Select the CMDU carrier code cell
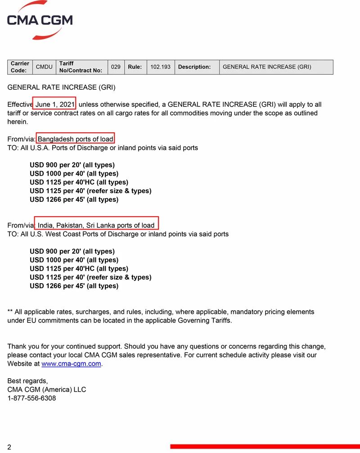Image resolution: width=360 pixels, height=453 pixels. pyautogui.click(x=44, y=67)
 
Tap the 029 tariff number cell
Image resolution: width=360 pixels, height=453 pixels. pyautogui.click(x=116, y=67)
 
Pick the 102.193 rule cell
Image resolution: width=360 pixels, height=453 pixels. pyautogui.click(x=160, y=67)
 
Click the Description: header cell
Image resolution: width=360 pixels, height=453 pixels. pyautogui.click(x=194, y=67)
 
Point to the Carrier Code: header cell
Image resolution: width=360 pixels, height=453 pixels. pyautogui.click(x=20, y=67)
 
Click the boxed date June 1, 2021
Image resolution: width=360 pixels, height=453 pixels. pyautogui.click(x=55, y=104)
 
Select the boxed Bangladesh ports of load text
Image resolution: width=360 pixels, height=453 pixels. pyautogui.click(x=75, y=139)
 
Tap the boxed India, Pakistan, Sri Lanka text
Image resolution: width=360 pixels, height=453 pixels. pyautogui.click(x=96, y=225)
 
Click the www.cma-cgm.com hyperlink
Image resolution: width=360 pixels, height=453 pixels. pyautogui.click(x=71, y=364)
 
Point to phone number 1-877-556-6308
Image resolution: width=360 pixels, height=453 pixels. pyautogui.click(x=31, y=398)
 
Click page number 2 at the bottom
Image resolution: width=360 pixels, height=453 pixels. pyautogui.click(x=9, y=447)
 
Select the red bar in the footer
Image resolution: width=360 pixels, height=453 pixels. pyautogui.click(x=265, y=447)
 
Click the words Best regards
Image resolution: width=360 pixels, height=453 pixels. pyautogui.click(x=27, y=381)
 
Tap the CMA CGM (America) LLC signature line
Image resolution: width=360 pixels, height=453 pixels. pyautogui.click(x=46, y=390)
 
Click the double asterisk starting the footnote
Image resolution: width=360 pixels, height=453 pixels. pyautogui.click(x=10, y=312)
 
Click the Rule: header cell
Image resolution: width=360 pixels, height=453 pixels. pyautogui.click(x=135, y=67)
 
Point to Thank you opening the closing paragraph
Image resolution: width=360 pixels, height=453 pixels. pyautogui.click(x=20, y=346)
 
